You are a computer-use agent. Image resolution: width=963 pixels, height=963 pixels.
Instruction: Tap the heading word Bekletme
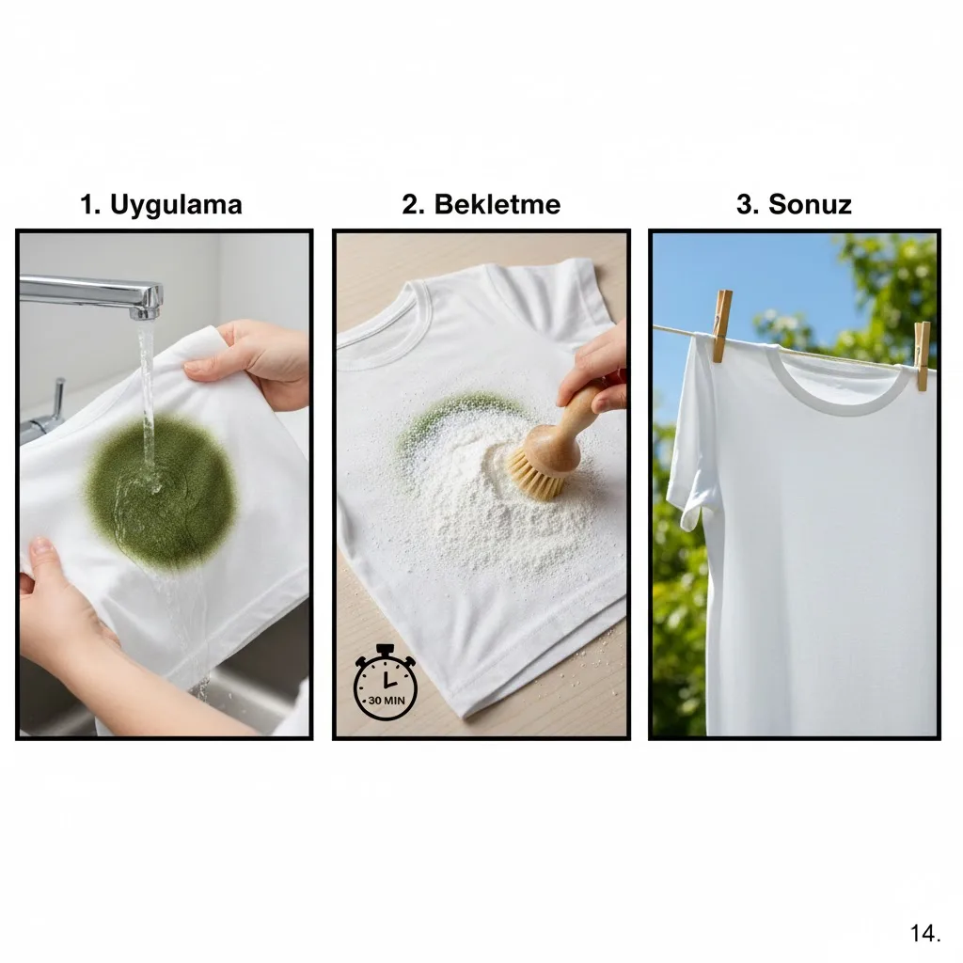pyautogui.click(x=497, y=204)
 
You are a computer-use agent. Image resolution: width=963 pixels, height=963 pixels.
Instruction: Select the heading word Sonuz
pyautogui.click(x=810, y=204)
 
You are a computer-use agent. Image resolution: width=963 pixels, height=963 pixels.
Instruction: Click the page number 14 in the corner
pyautogui.click(x=924, y=933)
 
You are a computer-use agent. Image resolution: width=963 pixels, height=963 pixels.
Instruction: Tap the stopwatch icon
pyautogui.click(x=386, y=683)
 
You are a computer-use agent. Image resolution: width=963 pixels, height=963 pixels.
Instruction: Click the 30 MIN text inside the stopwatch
pyautogui.click(x=387, y=700)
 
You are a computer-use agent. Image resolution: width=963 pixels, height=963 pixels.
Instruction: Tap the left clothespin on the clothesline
pyautogui.click(x=721, y=325)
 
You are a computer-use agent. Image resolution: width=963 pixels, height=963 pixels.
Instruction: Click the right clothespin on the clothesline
pyautogui.click(x=922, y=356)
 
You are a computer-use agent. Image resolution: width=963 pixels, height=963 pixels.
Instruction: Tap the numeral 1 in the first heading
pyautogui.click(x=88, y=204)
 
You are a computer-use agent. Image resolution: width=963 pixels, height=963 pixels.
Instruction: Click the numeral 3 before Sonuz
pyautogui.click(x=746, y=204)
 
